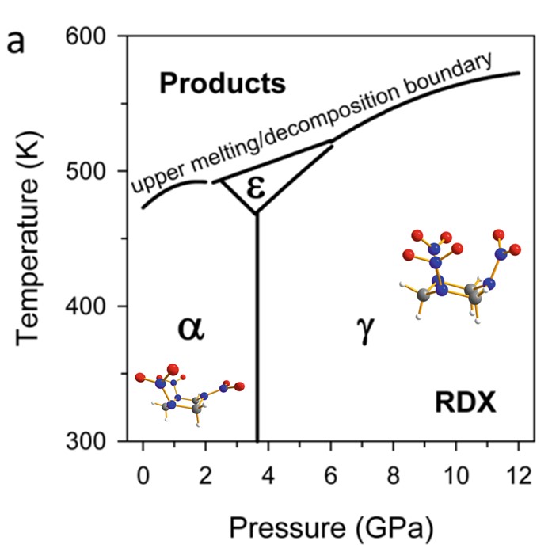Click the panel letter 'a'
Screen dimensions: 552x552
(17, 40)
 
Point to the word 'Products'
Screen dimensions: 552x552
(221, 83)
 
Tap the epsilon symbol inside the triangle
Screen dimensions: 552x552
(255, 189)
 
